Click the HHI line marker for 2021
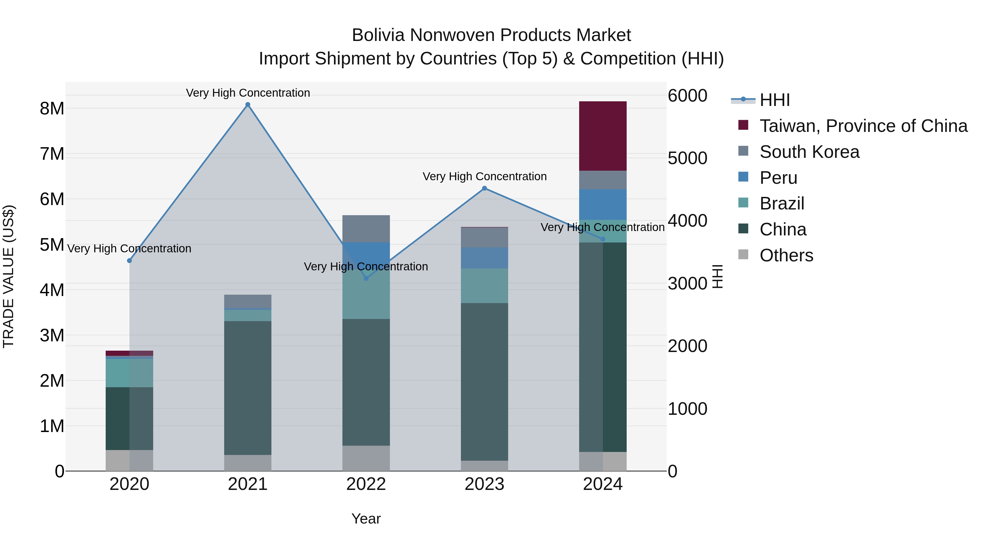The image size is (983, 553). pyautogui.click(x=248, y=105)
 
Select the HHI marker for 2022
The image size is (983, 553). pyautogui.click(x=366, y=278)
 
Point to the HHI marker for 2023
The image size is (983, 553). pyautogui.click(x=485, y=188)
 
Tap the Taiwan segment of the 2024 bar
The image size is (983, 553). pyautogui.click(x=603, y=136)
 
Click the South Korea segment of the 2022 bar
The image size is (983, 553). pyautogui.click(x=366, y=229)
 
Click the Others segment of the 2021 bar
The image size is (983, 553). pyautogui.click(x=248, y=463)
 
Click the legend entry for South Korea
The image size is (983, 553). pyautogui.click(x=809, y=152)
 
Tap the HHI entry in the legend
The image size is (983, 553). pyautogui.click(x=774, y=100)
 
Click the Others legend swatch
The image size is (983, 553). pyautogui.click(x=743, y=255)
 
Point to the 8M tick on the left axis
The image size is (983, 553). pyautogui.click(x=52, y=109)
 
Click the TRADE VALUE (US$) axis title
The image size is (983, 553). pyautogui.click(x=8, y=276)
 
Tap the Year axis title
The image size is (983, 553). pyautogui.click(x=366, y=519)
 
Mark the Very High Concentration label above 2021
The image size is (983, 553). pyautogui.click(x=248, y=93)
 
